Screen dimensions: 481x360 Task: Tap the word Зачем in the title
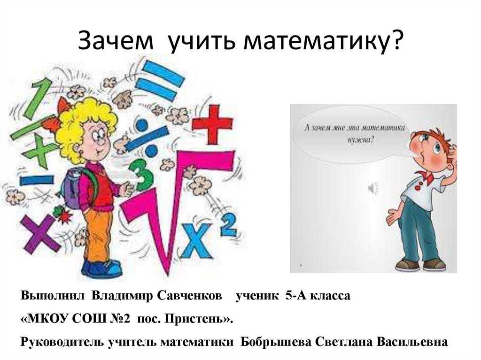pos(116,40)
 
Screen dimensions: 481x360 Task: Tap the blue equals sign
pos(160,81)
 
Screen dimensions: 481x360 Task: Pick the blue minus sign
pos(37,180)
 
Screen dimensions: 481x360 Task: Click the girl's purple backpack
pos(71,187)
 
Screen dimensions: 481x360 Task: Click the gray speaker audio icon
pos(372,188)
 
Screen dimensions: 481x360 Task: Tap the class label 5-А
pos(296,296)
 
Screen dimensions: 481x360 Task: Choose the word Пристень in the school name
pos(195,319)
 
